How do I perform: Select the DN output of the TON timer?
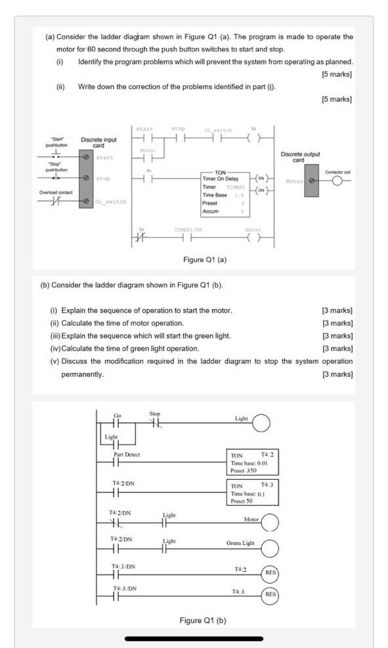point(261,190)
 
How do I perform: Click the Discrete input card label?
point(98,142)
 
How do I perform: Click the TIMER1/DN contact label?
point(187,230)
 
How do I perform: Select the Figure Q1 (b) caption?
point(203,620)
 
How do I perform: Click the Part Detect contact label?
point(127,454)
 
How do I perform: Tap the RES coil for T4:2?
point(270,572)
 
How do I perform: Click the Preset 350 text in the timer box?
point(244,470)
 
